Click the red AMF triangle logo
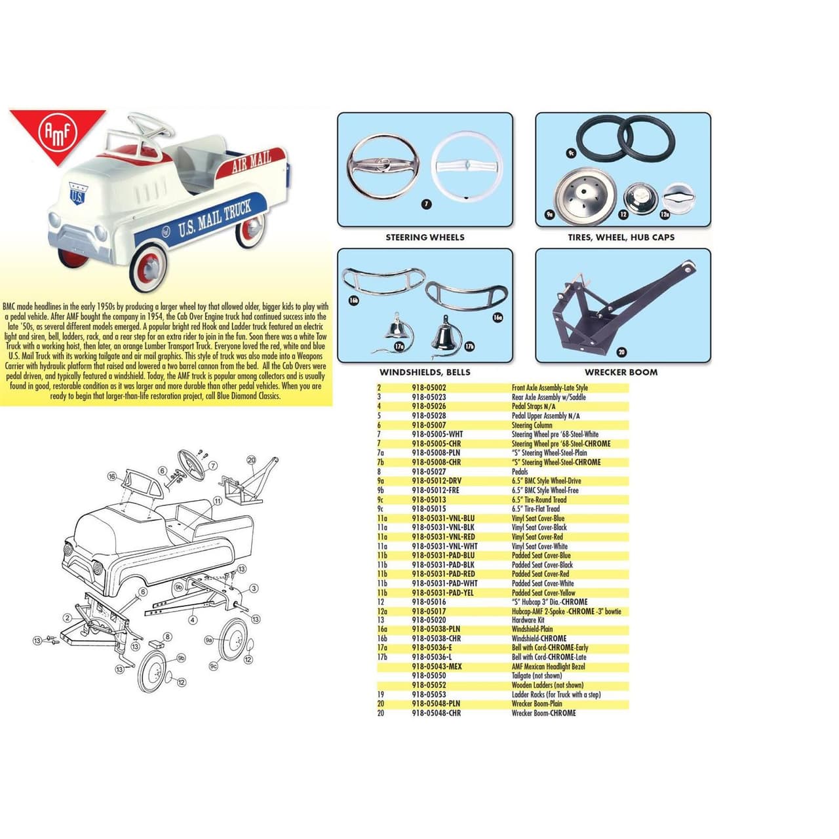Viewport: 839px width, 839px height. click(x=60, y=134)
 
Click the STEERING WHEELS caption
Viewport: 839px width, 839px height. click(x=425, y=237)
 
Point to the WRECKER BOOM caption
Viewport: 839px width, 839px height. click(x=621, y=372)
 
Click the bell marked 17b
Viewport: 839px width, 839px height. click(x=447, y=334)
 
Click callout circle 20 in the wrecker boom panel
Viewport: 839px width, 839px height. click(x=621, y=352)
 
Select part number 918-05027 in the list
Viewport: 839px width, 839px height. click(x=429, y=471)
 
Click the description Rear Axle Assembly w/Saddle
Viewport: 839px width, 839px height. click(x=549, y=397)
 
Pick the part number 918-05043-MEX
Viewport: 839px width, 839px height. click(x=437, y=667)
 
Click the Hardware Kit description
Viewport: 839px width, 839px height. click(x=528, y=620)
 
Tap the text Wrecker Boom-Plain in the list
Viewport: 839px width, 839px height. click(x=537, y=704)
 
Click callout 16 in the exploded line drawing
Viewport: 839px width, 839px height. click(x=112, y=477)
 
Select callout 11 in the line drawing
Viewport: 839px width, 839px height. click(x=217, y=501)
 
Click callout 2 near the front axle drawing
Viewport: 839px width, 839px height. click(x=67, y=617)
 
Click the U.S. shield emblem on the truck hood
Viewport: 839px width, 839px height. click(x=77, y=195)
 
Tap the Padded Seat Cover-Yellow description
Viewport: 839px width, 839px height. click(x=543, y=593)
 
